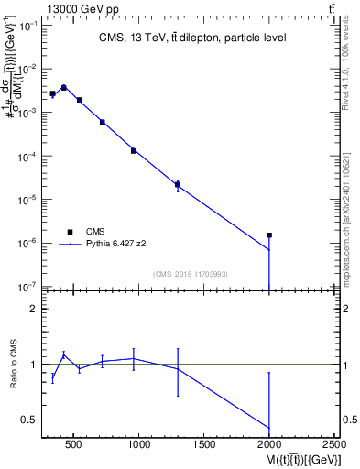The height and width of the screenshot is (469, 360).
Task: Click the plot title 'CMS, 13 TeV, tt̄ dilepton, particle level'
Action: tap(191, 38)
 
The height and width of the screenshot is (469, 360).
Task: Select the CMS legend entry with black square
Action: tap(94, 232)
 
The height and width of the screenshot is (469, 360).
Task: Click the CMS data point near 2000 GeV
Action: tap(269, 235)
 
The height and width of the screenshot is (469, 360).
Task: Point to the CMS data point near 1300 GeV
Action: tap(178, 184)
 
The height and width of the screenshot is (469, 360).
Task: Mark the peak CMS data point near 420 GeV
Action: tap(64, 88)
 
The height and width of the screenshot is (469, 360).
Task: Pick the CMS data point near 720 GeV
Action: tap(102, 122)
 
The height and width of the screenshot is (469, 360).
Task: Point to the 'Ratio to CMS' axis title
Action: tap(13, 366)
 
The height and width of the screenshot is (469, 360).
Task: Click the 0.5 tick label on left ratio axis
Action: tap(30, 420)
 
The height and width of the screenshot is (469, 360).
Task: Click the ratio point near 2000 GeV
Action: tap(269, 428)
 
